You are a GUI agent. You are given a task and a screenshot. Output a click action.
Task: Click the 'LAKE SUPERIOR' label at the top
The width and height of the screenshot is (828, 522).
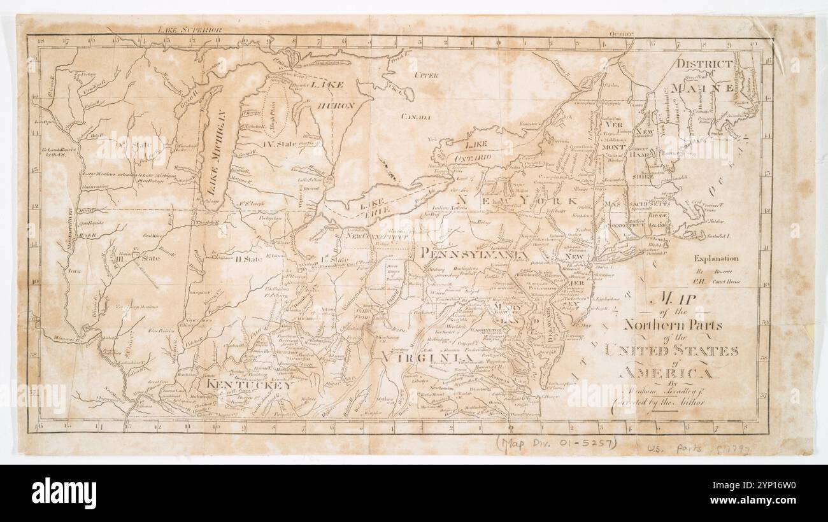(x=190, y=29)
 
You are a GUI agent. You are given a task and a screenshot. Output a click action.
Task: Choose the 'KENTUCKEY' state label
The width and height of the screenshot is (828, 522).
(x=249, y=384)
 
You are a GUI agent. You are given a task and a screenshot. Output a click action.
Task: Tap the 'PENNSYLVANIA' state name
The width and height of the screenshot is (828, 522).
(x=475, y=253)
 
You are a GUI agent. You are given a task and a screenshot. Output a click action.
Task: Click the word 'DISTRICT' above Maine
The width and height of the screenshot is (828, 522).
(x=704, y=64)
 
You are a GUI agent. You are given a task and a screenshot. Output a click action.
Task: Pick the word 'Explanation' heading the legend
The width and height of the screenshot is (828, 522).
(x=716, y=258)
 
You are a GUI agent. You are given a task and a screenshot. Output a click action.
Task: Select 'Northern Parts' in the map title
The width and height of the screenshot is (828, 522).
(x=673, y=325)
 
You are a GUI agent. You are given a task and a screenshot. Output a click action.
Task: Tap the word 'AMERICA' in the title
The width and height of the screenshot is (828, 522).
(x=667, y=373)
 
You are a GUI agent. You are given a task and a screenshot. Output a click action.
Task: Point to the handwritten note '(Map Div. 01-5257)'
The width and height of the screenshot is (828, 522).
(x=556, y=443)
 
